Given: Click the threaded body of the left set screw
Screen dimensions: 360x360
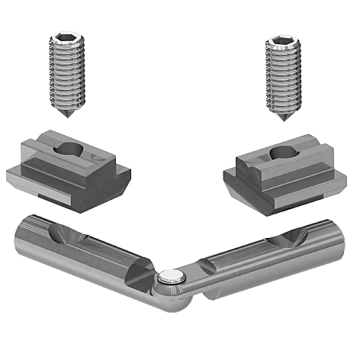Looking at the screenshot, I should coord(67,76).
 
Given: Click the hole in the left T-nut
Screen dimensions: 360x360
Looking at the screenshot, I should coord(69,149).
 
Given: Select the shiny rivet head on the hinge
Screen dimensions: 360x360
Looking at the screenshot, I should coord(172,277).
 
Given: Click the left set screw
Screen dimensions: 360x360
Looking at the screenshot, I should coord(67,72).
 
